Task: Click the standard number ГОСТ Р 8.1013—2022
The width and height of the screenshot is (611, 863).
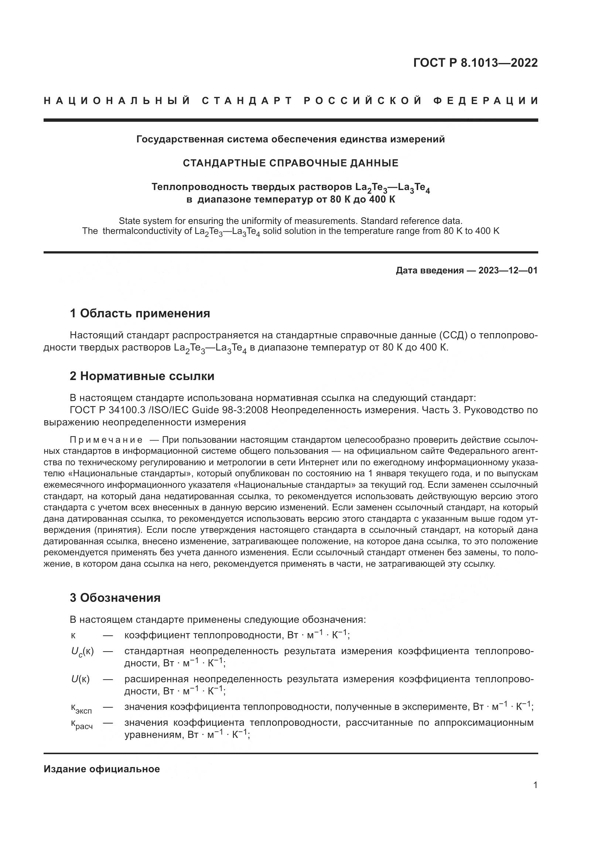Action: click(475, 63)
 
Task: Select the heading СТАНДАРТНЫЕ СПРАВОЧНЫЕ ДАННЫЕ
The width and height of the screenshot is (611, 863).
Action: click(290, 163)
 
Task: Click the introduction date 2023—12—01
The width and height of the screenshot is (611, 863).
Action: click(508, 270)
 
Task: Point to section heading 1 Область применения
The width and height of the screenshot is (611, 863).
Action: click(140, 313)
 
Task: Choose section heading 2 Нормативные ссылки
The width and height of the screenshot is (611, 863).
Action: click(142, 376)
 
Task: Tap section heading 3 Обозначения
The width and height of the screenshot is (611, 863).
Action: click(115, 598)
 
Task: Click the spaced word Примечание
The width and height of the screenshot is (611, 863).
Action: click(106, 440)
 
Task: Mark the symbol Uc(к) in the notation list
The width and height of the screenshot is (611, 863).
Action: click(82, 651)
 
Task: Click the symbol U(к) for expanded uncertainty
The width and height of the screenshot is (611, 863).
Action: click(81, 679)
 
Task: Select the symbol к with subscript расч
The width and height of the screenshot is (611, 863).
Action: click(82, 725)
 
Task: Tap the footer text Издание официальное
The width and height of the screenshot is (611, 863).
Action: click(102, 769)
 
